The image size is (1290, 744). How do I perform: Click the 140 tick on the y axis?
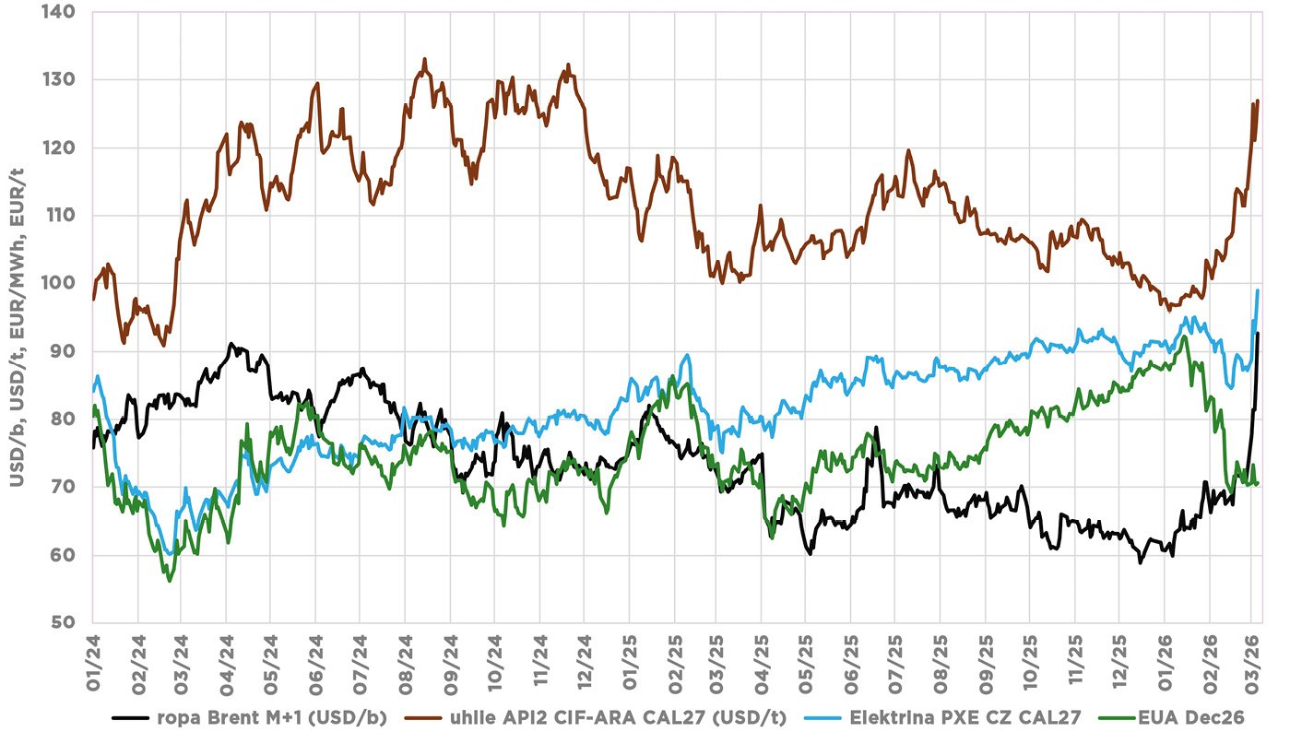click(72, 13)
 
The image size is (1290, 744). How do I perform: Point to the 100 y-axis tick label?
click(72, 284)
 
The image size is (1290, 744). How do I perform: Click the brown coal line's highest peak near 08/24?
click(424, 60)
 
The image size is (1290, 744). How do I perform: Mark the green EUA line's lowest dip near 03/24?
click(169, 581)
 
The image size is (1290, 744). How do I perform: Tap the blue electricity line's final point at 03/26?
click(1258, 290)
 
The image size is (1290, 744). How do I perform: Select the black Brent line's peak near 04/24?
click(231, 344)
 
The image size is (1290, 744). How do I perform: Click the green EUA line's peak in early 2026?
click(1186, 336)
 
